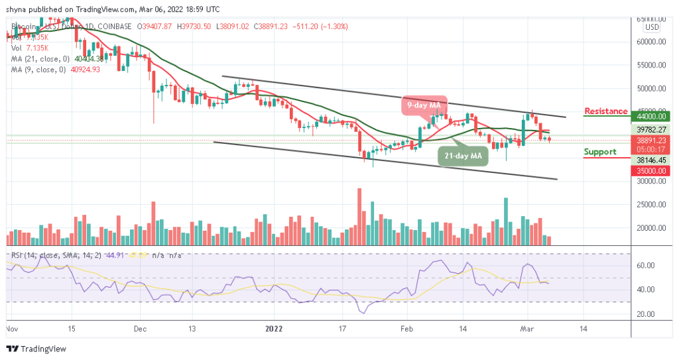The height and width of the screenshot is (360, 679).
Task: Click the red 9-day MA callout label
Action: (424, 104)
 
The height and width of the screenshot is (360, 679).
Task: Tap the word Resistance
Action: (605, 111)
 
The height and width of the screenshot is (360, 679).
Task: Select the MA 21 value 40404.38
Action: (84, 58)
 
